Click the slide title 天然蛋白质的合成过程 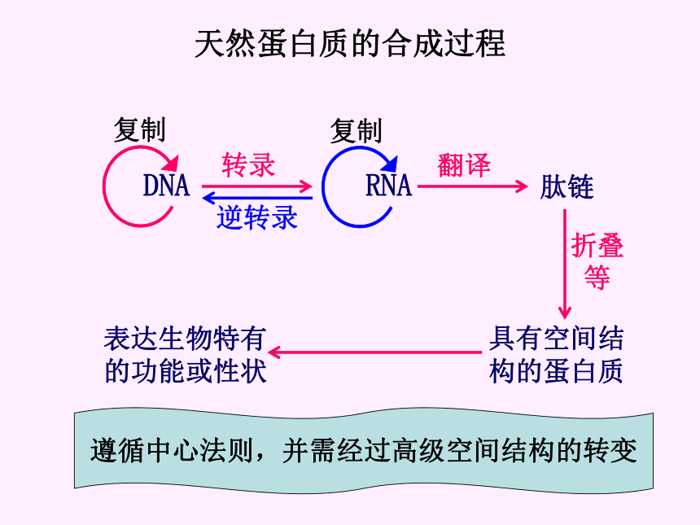(350, 44)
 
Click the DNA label (166, 186)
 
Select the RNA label (388, 186)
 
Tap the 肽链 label (567, 186)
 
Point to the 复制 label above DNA (140, 130)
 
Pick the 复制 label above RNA (357, 131)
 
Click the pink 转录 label (248, 164)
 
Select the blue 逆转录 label (257, 217)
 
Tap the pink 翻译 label (464, 164)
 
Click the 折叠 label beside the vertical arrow (597, 245)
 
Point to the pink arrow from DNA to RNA (256, 186)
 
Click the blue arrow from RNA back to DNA (257, 198)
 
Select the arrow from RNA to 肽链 (473, 186)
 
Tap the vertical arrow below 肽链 (565, 265)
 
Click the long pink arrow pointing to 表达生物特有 (375, 352)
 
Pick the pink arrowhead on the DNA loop (171, 164)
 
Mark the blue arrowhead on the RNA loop (390, 164)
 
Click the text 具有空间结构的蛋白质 (556, 355)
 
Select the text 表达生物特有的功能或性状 (186, 355)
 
